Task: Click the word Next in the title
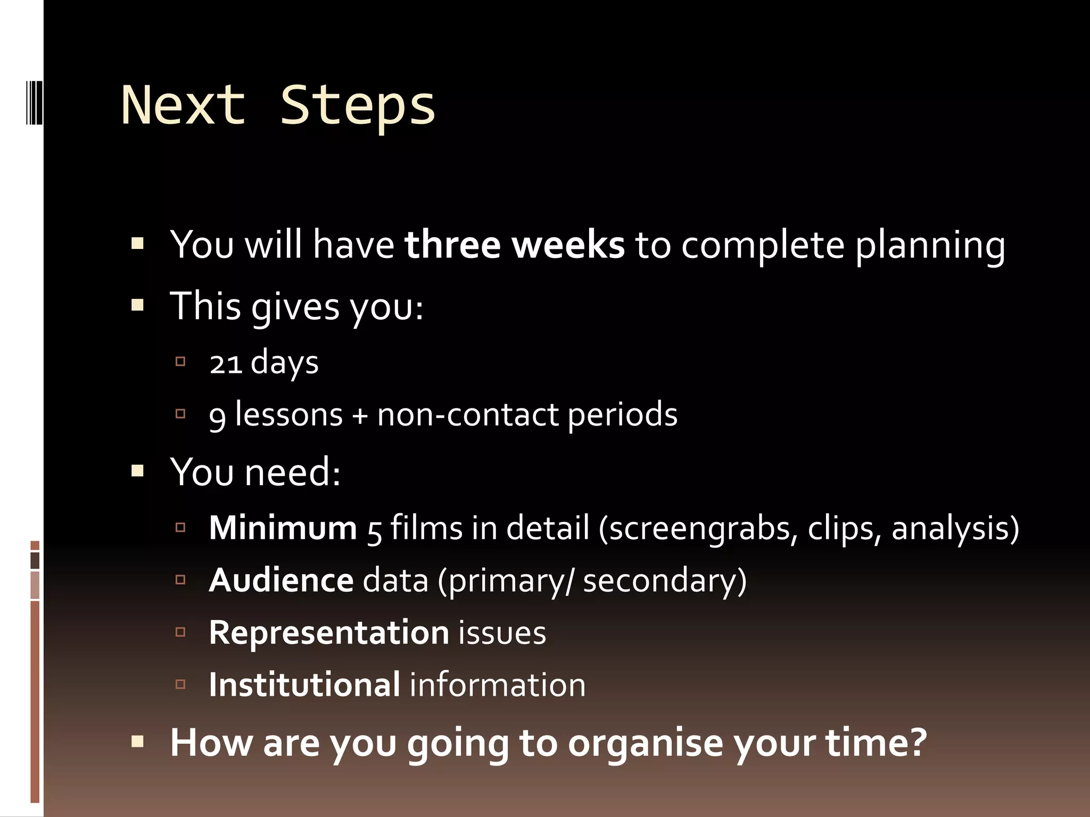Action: click(x=184, y=105)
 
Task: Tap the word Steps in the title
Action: click(x=358, y=105)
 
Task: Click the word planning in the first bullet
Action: click(x=930, y=246)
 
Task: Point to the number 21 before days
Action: click(x=226, y=363)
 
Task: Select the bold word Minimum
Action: click(x=283, y=528)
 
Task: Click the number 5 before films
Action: click(x=374, y=530)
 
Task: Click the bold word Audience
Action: click(x=281, y=580)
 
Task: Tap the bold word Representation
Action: click(x=329, y=632)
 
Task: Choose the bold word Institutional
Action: click(x=304, y=685)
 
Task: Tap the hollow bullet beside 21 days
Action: click(x=180, y=362)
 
